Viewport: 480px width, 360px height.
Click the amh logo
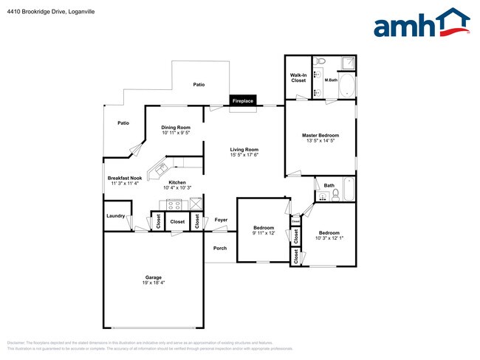coord(421,24)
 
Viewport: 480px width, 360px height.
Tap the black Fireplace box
coord(243,100)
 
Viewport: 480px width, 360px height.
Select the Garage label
coord(153,278)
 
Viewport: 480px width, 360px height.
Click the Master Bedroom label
coord(320,136)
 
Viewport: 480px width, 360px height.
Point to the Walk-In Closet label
coord(298,77)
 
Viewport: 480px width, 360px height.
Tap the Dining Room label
coord(176,128)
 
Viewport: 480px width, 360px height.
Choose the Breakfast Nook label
coord(124,178)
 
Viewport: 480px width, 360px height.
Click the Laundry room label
coord(115,216)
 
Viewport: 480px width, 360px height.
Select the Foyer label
coord(221,220)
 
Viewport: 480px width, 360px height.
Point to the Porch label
coord(220,248)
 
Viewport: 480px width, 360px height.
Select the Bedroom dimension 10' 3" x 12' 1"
coord(329,238)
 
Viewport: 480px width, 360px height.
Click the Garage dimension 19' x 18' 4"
coord(153,283)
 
